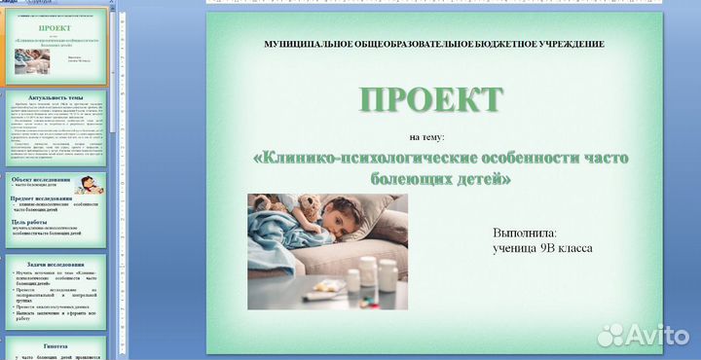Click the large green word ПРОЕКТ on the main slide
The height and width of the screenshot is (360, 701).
(431, 99)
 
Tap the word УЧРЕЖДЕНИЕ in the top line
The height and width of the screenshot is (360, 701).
(564, 45)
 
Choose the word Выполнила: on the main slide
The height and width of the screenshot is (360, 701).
(525, 234)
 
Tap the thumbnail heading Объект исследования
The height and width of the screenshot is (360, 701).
(42, 180)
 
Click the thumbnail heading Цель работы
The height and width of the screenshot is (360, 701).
(32, 222)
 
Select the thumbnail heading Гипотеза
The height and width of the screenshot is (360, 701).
(57, 345)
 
